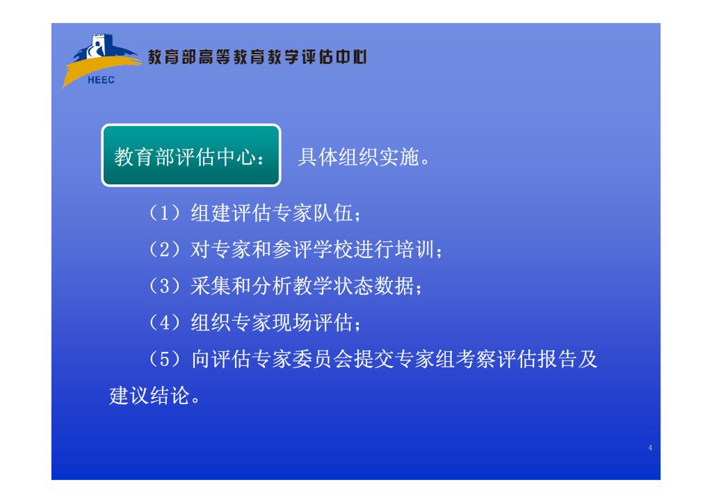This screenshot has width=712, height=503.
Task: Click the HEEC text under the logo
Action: pos(101,80)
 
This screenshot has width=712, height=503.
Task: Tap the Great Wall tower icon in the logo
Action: pos(98,46)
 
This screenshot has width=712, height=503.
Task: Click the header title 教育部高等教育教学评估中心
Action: pos(257,57)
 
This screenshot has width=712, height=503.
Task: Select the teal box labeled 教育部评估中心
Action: pos(191,155)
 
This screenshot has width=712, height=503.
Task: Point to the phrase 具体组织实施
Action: pos(358,157)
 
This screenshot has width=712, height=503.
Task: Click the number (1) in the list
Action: pos(164,213)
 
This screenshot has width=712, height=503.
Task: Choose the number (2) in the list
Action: pos(164,250)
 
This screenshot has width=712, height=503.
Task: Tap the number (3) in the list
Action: pos(164,286)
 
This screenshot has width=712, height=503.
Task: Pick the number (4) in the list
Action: pos(164,323)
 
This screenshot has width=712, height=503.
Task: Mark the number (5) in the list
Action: pos(164,359)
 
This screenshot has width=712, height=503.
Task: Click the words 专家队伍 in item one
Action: pos(312,213)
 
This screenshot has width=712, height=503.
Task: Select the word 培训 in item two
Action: pos(414,250)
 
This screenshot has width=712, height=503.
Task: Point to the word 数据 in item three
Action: pos(394,286)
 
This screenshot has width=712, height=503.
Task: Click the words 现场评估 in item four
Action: pos(312,323)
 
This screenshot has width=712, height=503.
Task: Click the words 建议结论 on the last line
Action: pos(149,395)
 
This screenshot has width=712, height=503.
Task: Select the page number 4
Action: pos(650,447)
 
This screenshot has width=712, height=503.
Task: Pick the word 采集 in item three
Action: pos(211,286)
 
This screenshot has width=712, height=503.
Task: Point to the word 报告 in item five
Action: pos(557,359)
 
